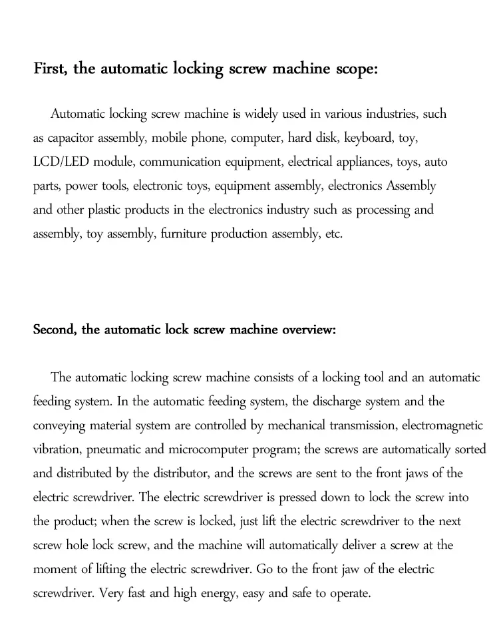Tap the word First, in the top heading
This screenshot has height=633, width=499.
51,70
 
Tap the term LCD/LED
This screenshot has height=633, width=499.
61,162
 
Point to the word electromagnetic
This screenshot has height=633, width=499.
438,425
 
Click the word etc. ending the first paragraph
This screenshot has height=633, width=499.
333,234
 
